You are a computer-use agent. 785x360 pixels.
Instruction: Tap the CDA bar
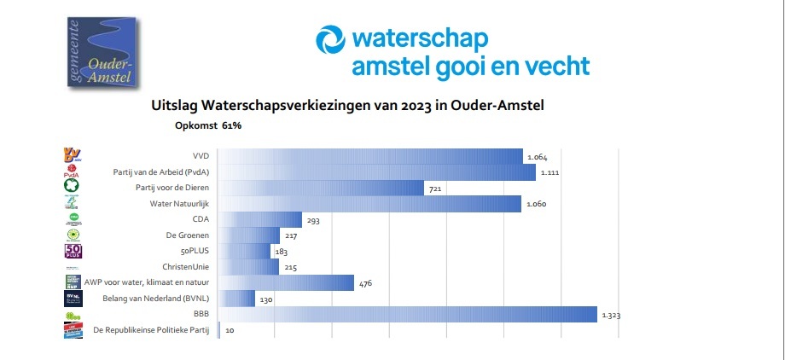click(x=260, y=219)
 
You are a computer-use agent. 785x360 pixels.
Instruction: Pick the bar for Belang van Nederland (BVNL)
click(x=237, y=299)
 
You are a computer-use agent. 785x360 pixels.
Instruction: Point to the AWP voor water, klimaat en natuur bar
click(x=286, y=282)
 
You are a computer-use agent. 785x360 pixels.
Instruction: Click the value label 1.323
click(x=611, y=316)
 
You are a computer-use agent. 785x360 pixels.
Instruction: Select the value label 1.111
click(x=549, y=173)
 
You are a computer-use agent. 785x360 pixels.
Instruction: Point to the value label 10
click(x=230, y=330)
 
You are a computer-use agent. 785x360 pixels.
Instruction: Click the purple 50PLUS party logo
click(x=73, y=251)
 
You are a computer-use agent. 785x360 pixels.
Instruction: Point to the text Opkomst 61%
click(x=208, y=125)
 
